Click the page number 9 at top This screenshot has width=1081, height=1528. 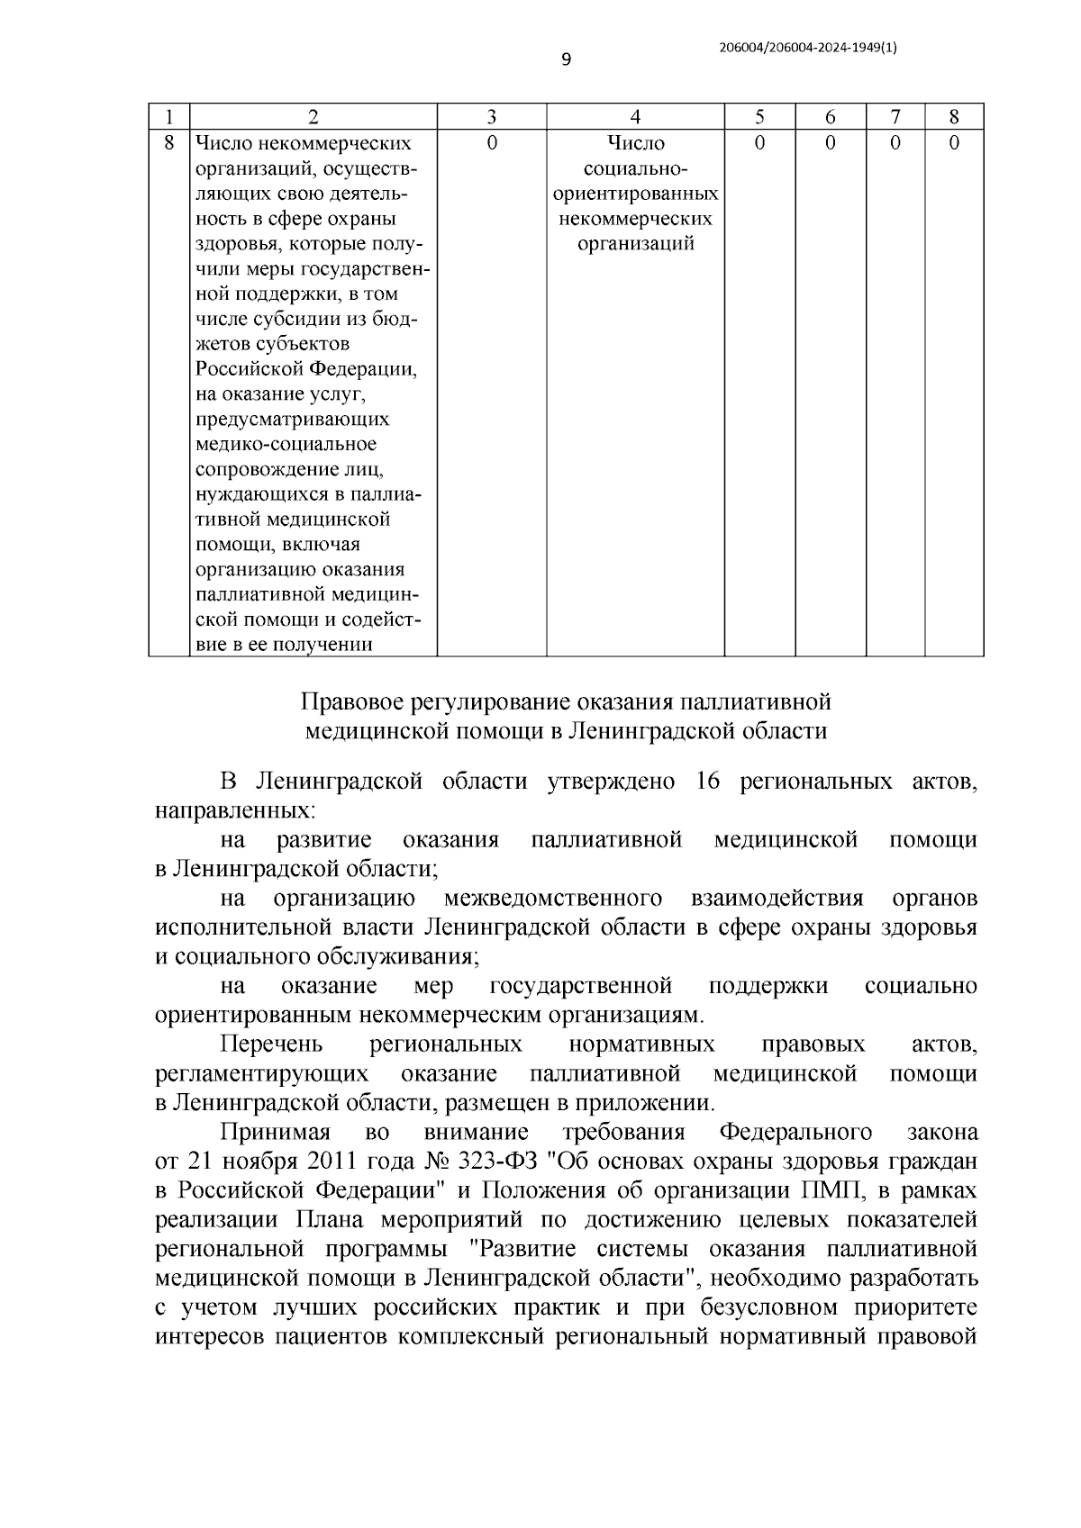click(x=566, y=60)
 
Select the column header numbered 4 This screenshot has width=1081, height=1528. click(x=635, y=117)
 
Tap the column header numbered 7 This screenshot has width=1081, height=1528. click(x=895, y=117)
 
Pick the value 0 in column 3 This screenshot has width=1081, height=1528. click(x=491, y=143)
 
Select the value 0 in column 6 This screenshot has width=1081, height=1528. click(x=830, y=143)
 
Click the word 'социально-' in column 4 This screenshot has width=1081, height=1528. click(x=636, y=168)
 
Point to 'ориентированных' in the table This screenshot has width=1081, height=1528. click(x=636, y=194)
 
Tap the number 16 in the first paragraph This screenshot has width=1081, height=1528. click(x=706, y=782)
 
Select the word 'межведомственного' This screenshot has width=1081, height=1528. click(x=553, y=899)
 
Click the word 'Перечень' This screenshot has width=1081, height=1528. click(x=271, y=1044)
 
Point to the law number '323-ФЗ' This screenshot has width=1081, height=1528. click(x=513, y=1161)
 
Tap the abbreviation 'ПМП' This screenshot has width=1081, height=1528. click(x=826, y=1190)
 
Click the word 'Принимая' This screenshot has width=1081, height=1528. click(x=276, y=1132)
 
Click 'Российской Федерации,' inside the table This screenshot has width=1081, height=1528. click(x=306, y=369)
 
